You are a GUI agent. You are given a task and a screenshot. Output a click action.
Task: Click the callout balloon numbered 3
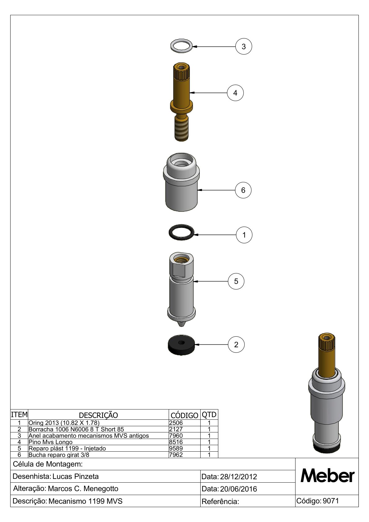pos(244,46)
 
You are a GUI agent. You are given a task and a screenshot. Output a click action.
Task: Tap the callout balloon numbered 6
pos(243,190)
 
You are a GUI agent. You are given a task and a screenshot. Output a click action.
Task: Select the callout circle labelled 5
pos(236,281)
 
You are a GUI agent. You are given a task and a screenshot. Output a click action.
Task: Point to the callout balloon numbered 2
pos(236,344)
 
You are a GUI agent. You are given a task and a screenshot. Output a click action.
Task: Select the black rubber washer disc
pos(181,346)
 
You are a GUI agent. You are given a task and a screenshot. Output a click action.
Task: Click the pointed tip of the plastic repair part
pos(181,324)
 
